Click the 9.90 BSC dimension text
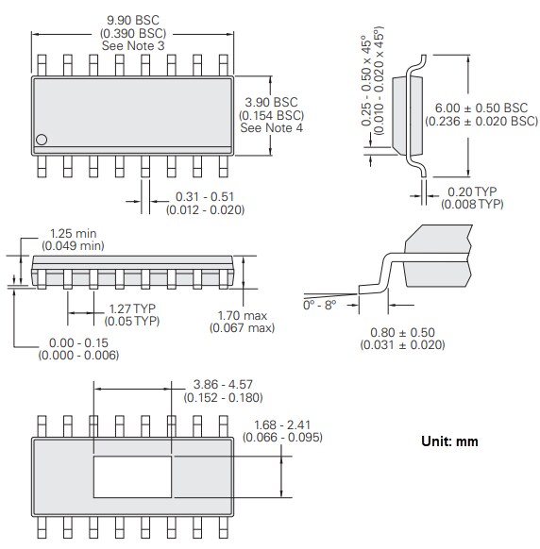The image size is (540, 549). [x=133, y=20]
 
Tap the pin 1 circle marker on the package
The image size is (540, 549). [x=42, y=140]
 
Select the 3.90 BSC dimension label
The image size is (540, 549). [x=272, y=102]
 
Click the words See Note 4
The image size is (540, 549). [x=272, y=128]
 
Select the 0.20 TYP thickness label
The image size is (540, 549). [x=471, y=192]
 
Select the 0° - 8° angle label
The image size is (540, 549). [x=321, y=306]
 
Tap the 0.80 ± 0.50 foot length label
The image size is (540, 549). [x=401, y=332]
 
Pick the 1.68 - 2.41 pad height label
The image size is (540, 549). [x=282, y=424]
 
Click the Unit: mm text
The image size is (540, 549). [x=449, y=441]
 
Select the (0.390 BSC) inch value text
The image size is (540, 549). [x=133, y=33]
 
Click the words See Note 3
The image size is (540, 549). [x=133, y=46]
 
